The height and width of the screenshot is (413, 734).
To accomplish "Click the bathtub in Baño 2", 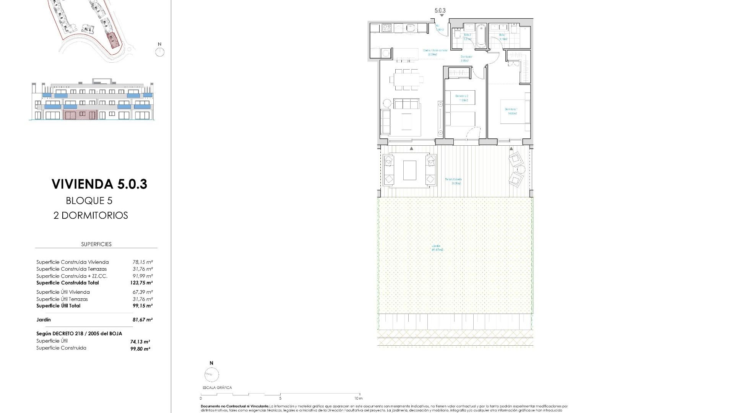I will coord(481,36).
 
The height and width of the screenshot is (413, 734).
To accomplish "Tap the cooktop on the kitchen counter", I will coord(386,28).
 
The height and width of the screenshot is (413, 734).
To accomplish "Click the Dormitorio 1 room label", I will coord(511,111).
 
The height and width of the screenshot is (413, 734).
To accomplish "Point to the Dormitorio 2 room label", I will coord(461,98).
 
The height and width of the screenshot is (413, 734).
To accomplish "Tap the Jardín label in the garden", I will coord(437,248).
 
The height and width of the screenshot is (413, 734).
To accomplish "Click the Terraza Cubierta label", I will coord(453,181).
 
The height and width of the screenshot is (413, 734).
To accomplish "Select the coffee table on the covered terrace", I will coord(409,170).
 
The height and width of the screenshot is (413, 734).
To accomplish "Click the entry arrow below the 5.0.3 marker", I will coord(442,16).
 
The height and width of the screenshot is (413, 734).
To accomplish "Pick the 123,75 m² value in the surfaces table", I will coord(141,283).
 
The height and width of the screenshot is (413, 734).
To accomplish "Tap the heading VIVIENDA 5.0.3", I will coord(99,184).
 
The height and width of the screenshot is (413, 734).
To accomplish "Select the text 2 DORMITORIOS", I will coord(91,215).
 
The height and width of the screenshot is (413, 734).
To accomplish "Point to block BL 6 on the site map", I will coord(88,29).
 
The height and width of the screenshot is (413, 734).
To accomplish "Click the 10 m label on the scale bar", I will coord(358,398).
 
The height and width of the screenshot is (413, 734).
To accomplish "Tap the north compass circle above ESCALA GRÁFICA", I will coord(211,374).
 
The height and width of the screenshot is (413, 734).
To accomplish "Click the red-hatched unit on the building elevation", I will coord(81,115).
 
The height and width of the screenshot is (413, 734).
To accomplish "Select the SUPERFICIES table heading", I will coord(96,244).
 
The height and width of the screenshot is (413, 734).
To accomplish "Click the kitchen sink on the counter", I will coord(411,28).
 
